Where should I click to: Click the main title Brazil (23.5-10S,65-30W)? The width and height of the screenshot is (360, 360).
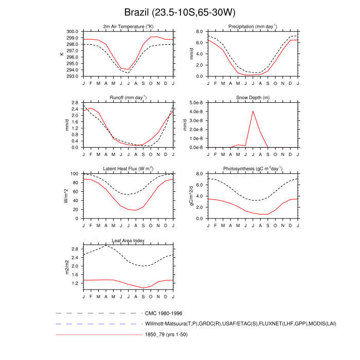(x=180, y=12)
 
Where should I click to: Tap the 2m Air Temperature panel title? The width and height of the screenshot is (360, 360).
(x=128, y=26)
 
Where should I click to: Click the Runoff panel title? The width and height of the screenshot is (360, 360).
(x=128, y=98)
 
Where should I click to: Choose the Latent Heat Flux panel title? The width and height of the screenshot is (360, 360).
(x=128, y=169)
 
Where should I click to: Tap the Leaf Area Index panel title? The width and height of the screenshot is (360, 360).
(x=128, y=240)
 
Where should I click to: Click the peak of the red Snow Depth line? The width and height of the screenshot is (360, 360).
(x=253, y=111)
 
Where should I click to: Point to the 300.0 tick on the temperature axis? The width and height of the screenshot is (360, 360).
(x=72, y=31)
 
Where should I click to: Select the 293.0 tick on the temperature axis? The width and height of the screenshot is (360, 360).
(x=72, y=76)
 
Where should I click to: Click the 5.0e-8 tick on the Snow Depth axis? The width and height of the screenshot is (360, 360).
(x=196, y=103)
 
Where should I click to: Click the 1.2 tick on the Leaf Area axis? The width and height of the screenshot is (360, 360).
(x=75, y=283)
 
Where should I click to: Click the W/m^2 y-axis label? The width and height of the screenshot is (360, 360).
(x=66, y=196)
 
